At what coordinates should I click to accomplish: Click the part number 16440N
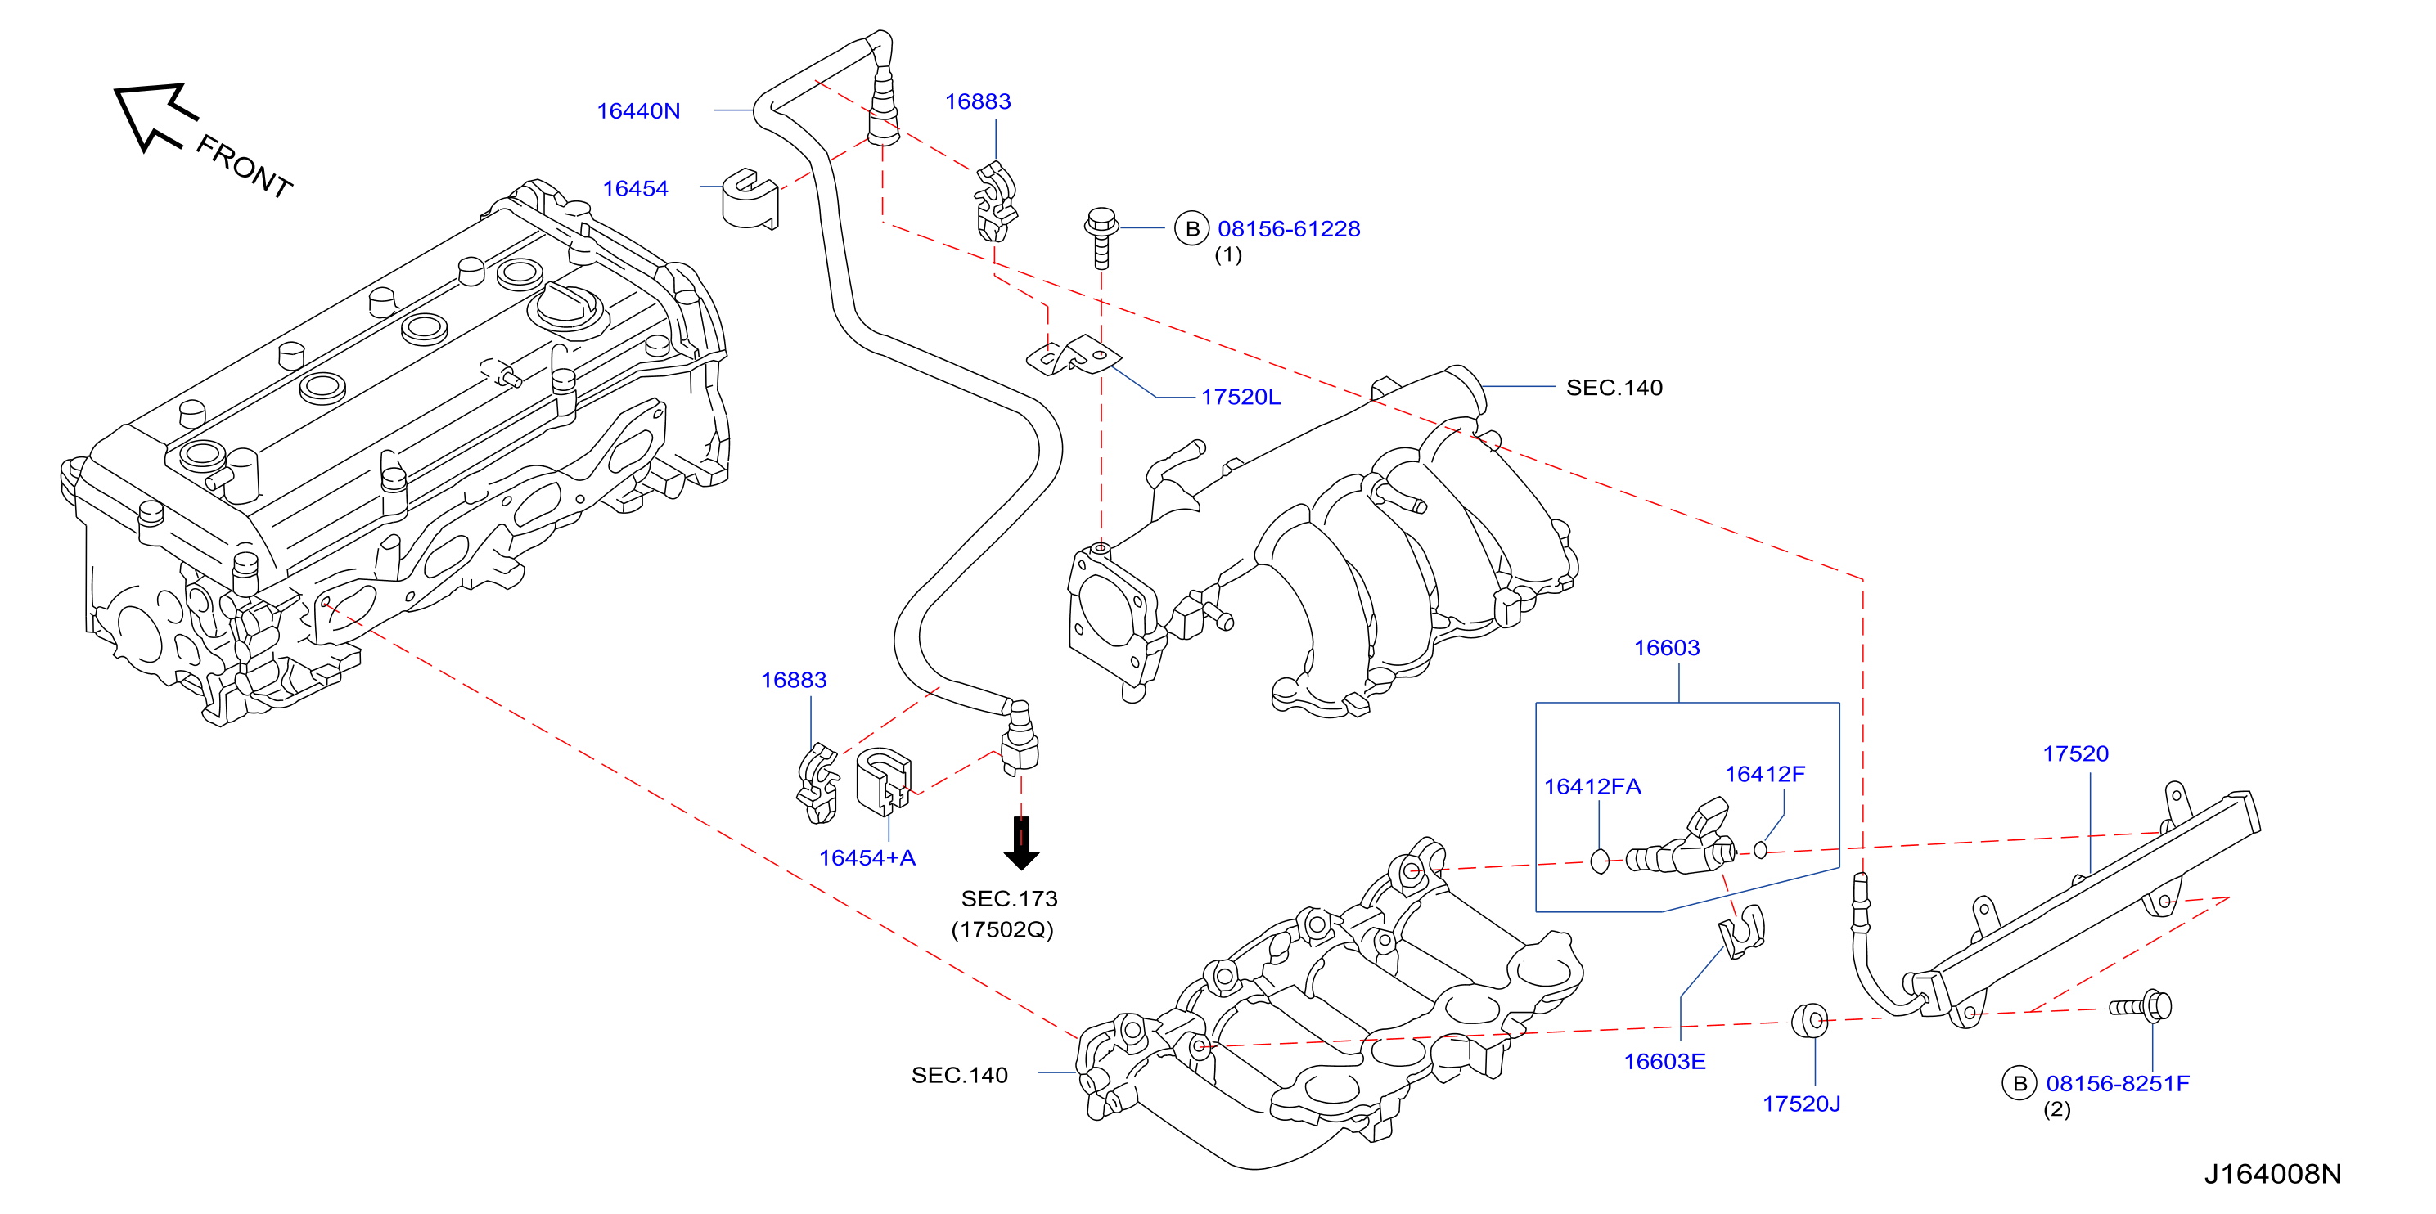638,110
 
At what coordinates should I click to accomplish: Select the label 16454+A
867,857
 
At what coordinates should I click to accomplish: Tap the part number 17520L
1241,397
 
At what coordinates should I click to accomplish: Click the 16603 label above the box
1667,648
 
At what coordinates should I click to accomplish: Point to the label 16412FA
1592,787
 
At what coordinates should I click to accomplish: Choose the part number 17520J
1802,1104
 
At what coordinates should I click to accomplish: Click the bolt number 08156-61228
1289,229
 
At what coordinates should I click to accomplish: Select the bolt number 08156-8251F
2119,1084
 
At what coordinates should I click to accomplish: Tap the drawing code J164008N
2273,1174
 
